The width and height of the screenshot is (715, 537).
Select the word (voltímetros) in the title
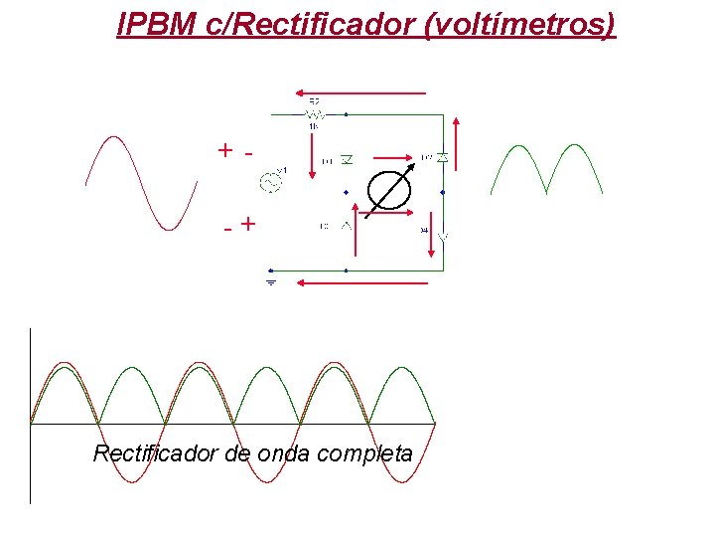tap(518, 24)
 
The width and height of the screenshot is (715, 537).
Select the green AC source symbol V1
tap(270, 181)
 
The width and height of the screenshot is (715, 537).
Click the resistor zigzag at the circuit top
tap(314, 113)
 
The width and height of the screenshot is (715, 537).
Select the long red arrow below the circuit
tap(363, 283)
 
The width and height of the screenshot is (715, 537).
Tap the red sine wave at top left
tap(137, 184)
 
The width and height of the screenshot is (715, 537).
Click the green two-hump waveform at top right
tap(546, 168)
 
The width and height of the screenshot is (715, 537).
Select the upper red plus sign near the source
tap(226, 151)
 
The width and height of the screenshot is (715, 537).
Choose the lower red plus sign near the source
tap(247, 225)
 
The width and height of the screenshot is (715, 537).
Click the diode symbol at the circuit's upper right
tap(442, 158)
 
